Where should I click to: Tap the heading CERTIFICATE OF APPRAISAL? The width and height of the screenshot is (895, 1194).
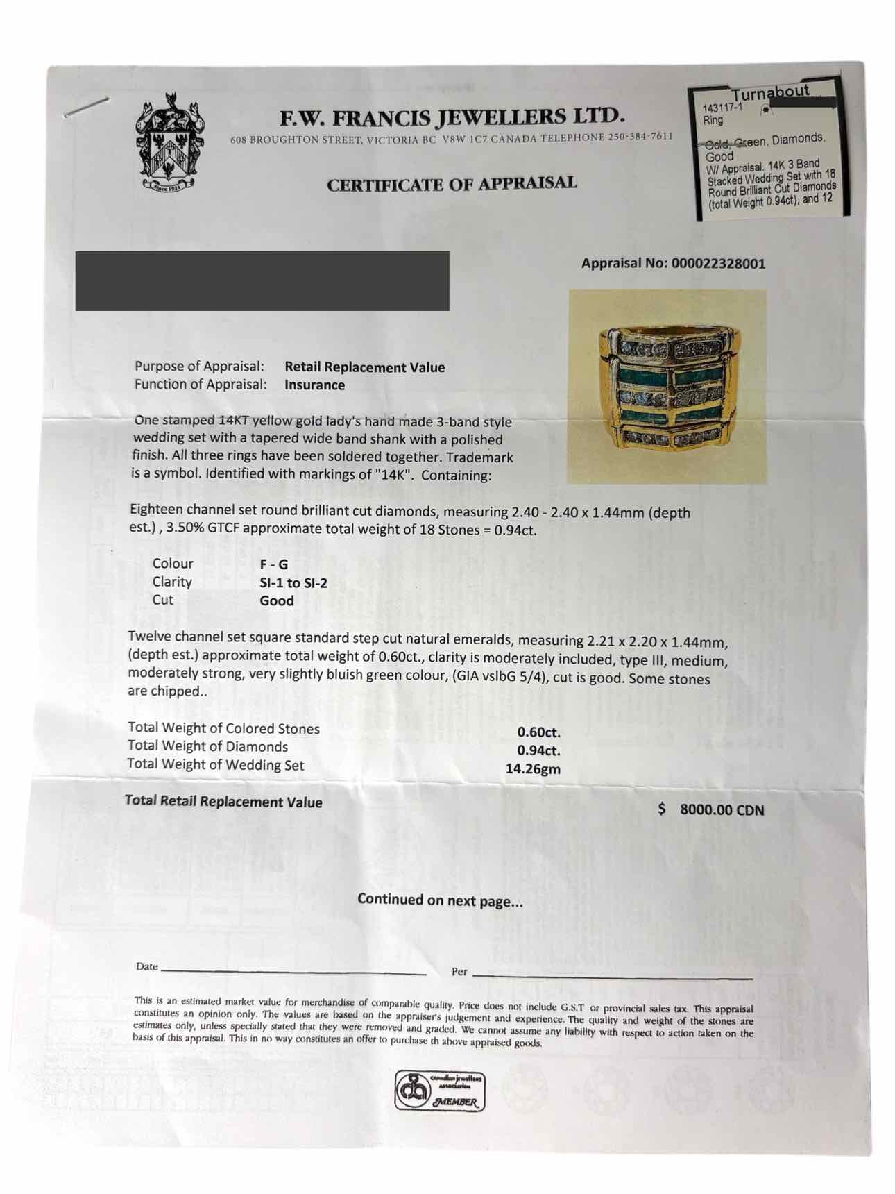pos(452,185)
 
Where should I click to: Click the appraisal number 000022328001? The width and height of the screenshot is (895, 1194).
pos(718,264)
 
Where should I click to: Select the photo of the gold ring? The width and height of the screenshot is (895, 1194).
pos(667,386)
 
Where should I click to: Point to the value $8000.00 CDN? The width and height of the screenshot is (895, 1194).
pos(712,809)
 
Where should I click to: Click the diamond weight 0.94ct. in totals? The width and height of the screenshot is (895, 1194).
pos(538,750)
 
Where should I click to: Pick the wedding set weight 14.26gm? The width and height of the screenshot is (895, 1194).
pos(533,769)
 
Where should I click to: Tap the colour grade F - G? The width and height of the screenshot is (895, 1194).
pos(274,564)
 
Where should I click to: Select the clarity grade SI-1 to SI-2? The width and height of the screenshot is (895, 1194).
pos(293,582)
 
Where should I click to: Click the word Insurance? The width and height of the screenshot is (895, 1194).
pos(314,385)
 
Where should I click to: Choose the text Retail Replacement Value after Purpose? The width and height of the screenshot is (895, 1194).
pos(364,367)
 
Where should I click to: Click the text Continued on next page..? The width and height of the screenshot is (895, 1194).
pos(440,900)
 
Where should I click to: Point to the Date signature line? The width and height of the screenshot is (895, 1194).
pos(293,972)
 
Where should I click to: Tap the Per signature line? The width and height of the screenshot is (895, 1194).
pos(612,976)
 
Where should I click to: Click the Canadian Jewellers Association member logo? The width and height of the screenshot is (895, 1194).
pos(440,1091)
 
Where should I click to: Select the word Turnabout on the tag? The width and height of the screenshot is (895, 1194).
pos(770,92)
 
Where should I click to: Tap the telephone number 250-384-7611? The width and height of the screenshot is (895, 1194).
pos(640,137)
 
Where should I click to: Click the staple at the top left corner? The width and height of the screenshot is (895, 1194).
pos(87,107)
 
